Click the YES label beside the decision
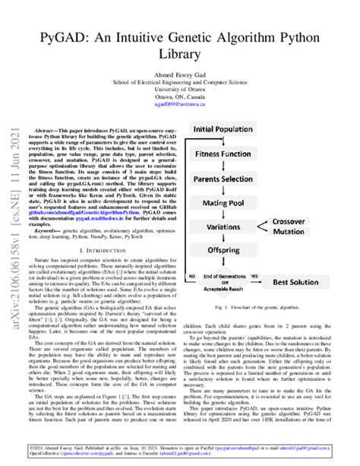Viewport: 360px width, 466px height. (x=275, y=274)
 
